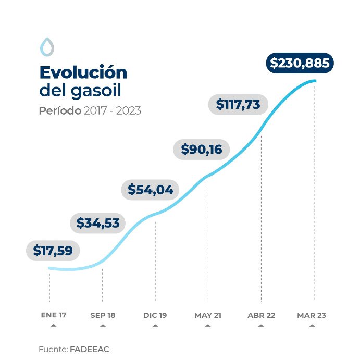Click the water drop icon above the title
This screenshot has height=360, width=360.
coord(47,46)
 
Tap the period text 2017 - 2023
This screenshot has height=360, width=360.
coord(112,111)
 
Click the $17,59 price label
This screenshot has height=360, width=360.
coord(53,250)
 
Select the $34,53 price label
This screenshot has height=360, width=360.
coord(98,223)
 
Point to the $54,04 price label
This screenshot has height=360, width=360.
coord(151,189)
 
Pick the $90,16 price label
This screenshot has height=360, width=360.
coord(202,150)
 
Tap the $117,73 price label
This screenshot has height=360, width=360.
coord(238,104)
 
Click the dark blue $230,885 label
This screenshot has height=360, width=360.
coord(300,63)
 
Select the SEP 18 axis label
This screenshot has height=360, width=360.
coord(103,315)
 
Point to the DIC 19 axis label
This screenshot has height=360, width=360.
coord(155,315)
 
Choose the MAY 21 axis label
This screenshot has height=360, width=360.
coord(208,315)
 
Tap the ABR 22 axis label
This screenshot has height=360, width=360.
coord(261,315)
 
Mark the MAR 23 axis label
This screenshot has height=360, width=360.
coord(312,315)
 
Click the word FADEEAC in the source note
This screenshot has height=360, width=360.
coord(89,349)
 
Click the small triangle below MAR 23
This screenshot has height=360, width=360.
coord(312,326)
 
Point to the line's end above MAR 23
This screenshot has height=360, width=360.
coord(314,81)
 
